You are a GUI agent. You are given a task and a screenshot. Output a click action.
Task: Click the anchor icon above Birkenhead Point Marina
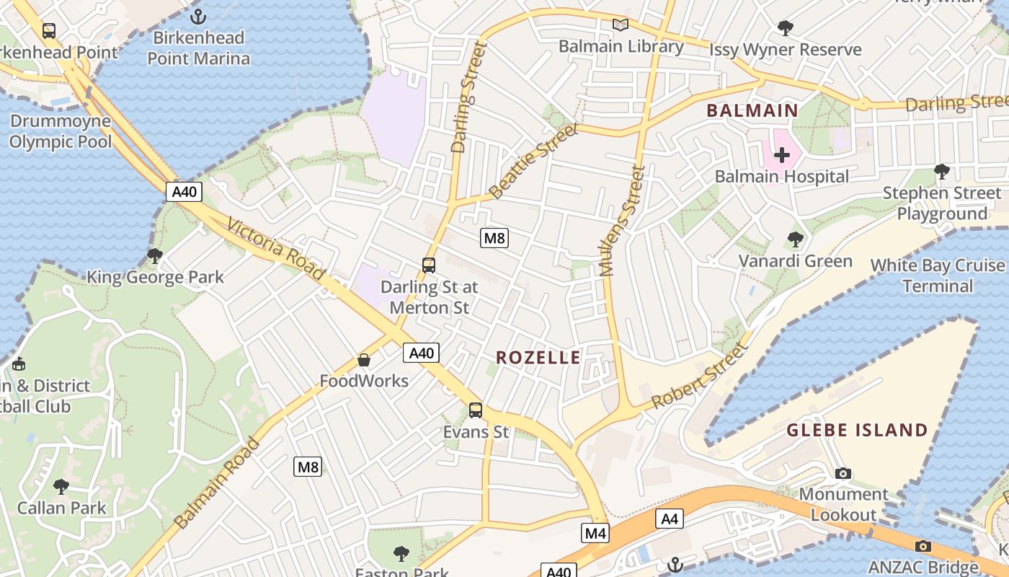tap(198, 15)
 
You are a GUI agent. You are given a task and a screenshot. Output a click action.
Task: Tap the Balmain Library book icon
tap(621, 25)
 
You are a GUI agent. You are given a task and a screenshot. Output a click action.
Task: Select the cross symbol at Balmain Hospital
tap(782, 154)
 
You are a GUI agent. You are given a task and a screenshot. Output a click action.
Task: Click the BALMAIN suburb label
tap(752, 110)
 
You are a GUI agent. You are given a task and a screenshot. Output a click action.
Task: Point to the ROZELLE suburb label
tap(538, 358)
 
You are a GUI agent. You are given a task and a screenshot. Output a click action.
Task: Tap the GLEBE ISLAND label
tap(857, 431)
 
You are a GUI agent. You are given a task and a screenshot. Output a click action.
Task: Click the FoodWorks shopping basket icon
tap(365, 359)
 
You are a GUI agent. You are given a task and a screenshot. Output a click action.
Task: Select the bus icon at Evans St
tap(476, 410)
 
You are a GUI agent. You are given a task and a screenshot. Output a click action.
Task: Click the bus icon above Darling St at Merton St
tap(429, 265)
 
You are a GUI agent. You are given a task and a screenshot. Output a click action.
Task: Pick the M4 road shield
tap(595, 533)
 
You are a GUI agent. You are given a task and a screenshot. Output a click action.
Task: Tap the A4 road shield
tap(670, 519)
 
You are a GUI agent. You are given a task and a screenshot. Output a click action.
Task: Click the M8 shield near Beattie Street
tap(494, 237)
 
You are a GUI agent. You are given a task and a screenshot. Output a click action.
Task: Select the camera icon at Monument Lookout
tap(843, 473)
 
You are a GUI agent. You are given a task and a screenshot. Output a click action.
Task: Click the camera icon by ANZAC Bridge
tap(923, 546)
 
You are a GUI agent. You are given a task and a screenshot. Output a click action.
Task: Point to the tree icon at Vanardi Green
tap(795, 239)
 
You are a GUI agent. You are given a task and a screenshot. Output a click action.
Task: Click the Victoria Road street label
tap(275, 250)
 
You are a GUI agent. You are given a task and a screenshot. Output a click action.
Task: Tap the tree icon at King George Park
tap(155, 255)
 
